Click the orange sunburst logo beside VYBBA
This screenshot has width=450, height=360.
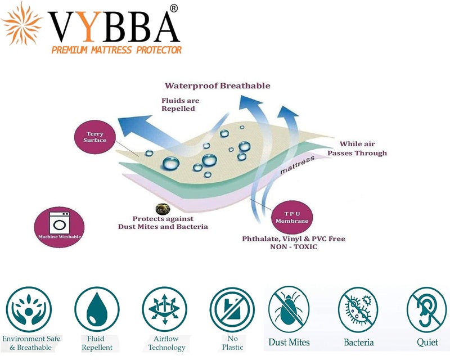pos(22,24)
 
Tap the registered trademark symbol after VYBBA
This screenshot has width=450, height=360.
pos(174,9)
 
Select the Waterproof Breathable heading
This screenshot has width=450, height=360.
pos(217,85)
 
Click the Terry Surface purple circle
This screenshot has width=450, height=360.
pos(94,137)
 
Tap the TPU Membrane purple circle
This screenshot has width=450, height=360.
pos(292,217)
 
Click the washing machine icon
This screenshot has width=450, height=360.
pos(60,223)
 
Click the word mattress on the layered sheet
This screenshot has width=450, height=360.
pos(297,165)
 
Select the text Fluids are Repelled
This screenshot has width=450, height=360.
pos(180,105)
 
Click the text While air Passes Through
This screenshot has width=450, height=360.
pos(357,148)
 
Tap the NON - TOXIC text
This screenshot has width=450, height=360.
pos(294,246)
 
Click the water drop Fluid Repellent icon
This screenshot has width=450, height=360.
pos(97,309)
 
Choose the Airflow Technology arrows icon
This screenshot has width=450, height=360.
pos(164,309)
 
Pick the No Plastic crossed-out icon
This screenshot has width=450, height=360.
pos(232,309)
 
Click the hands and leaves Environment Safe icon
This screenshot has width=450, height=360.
pos(29,309)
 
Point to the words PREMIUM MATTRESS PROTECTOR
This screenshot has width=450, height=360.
pos(116,50)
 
